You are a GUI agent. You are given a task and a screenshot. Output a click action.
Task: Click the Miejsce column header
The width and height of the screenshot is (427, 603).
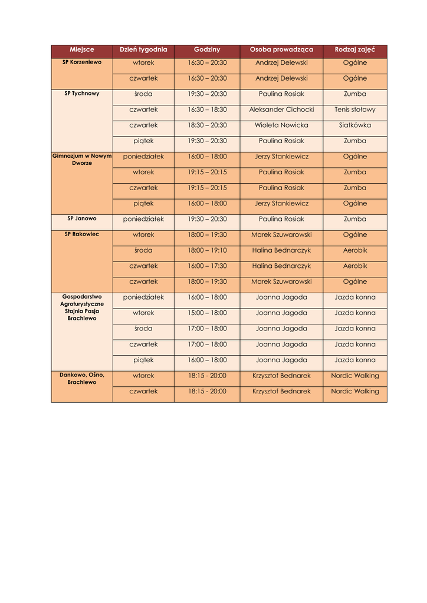click(81, 50)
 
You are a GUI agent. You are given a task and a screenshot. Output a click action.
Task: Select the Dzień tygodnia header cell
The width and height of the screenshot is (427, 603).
click(143, 50)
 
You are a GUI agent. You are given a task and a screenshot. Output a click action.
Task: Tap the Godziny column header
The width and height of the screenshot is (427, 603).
click(207, 50)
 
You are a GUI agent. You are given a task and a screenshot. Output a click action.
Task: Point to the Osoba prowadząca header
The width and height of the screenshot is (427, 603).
click(281, 50)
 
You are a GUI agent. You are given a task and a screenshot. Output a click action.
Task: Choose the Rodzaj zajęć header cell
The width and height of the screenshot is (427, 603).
click(355, 50)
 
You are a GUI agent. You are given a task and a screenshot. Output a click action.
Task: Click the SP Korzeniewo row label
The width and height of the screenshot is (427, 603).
click(82, 62)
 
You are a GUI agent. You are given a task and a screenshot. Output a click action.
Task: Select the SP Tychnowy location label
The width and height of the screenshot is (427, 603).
click(82, 93)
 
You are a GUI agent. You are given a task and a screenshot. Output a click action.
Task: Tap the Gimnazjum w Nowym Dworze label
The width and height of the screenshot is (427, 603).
click(82, 159)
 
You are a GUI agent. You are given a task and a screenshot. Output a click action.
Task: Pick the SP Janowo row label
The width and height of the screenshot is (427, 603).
click(82, 218)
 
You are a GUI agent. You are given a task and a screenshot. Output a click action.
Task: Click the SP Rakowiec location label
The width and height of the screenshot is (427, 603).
click(82, 234)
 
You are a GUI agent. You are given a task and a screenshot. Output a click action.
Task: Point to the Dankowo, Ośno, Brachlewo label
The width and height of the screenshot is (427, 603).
click(82, 378)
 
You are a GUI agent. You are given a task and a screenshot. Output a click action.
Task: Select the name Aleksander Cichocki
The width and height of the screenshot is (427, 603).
click(281, 110)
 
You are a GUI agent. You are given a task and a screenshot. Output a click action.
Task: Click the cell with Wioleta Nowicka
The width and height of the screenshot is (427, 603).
click(281, 125)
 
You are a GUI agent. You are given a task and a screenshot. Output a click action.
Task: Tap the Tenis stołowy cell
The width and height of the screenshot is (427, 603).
click(355, 110)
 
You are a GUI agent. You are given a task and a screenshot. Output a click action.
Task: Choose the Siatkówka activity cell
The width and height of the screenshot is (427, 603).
click(355, 125)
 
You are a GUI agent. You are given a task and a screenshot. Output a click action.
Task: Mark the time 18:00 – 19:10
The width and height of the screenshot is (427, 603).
click(207, 250)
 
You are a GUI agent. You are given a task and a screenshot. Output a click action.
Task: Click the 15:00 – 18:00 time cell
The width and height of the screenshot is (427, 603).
click(207, 313)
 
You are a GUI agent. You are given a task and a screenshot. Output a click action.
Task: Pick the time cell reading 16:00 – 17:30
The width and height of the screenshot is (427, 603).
click(207, 266)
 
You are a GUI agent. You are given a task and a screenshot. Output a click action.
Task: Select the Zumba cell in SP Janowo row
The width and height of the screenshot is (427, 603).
click(355, 219)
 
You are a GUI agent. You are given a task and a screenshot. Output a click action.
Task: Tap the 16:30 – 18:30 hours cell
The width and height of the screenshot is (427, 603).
click(207, 110)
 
